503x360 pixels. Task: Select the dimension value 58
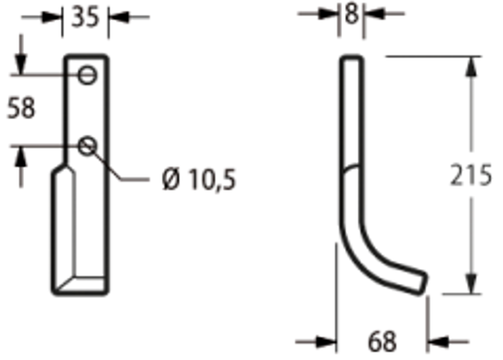click(21, 108)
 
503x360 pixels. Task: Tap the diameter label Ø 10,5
click(199, 180)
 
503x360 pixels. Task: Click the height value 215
click(471, 177)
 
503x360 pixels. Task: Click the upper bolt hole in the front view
click(89, 75)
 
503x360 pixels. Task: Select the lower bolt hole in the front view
click(88, 144)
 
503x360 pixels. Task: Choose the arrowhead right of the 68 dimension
click(437, 341)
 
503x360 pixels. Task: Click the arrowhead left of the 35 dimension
click(56, 16)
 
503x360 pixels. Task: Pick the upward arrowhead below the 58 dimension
click(21, 156)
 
